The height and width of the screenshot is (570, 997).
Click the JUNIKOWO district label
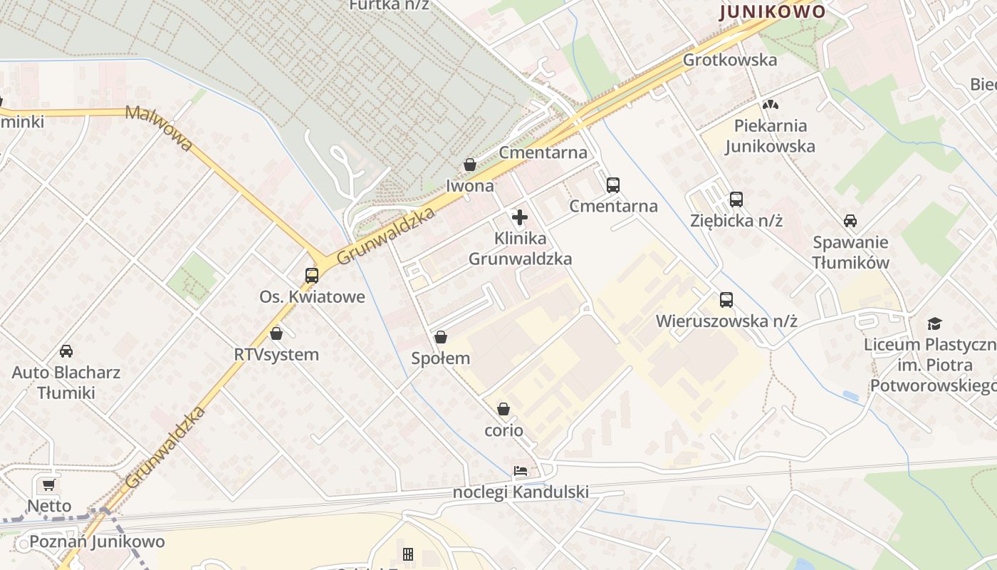[772, 11]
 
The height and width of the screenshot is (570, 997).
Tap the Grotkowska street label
[729, 60]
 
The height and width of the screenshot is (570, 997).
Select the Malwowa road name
[159, 128]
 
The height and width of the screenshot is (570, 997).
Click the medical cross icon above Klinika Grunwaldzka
[520, 217]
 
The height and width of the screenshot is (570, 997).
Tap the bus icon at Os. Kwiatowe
[311, 275]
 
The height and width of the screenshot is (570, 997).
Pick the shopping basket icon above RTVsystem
[276, 333]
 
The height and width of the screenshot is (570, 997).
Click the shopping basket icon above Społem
[441, 337]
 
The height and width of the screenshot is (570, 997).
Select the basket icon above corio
[503, 409]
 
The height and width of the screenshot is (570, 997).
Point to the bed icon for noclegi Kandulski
[521, 471]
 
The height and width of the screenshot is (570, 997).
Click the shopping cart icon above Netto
[48, 485]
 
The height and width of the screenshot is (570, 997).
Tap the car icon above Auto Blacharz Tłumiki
[66, 351]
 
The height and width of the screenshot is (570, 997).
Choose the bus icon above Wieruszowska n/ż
[726, 300]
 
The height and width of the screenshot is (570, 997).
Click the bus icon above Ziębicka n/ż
[736, 199]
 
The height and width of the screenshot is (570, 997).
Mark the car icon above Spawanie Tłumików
[850, 221]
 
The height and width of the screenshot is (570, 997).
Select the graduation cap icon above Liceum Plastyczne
[934, 324]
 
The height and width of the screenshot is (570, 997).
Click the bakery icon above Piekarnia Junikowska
[770, 105]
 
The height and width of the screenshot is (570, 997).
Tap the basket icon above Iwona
[469, 165]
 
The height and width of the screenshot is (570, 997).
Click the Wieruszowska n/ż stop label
[726, 321]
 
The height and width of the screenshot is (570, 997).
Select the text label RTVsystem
[276, 354]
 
